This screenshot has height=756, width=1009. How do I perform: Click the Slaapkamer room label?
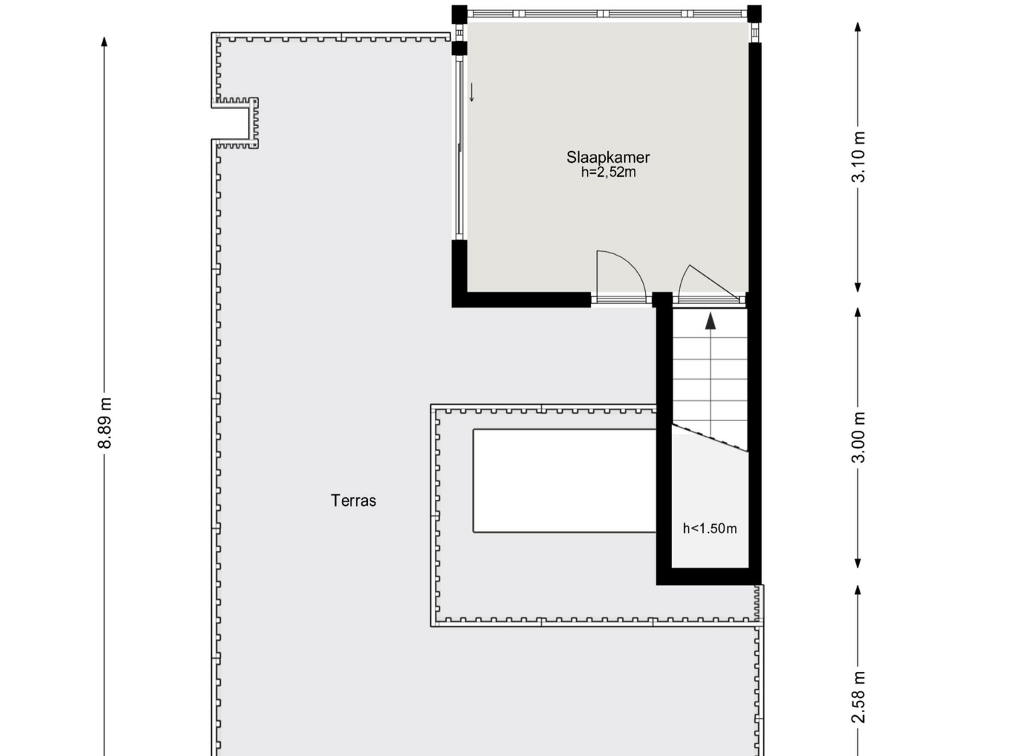[608, 157]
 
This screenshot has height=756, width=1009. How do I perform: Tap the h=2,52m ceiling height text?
[609, 172]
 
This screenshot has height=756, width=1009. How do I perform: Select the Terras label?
[354, 501]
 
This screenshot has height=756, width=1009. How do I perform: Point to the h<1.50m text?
[710, 528]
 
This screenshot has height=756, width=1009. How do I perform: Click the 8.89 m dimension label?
[105, 423]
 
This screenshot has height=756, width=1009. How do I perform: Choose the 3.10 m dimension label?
[858, 157]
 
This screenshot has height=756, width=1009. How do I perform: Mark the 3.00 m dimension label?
[858, 437]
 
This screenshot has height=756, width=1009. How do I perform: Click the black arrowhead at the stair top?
[710, 321]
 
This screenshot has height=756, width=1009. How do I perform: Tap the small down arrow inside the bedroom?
[472, 92]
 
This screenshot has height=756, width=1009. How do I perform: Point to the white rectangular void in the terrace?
[565, 481]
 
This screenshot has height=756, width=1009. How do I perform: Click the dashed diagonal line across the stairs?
[710, 438]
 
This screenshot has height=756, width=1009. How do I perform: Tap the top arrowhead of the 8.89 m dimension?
[104, 41]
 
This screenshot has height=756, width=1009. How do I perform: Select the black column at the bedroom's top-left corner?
[459, 14]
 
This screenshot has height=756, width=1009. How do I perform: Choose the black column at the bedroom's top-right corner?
[754, 14]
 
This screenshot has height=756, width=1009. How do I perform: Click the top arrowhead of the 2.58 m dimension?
[858, 590]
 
